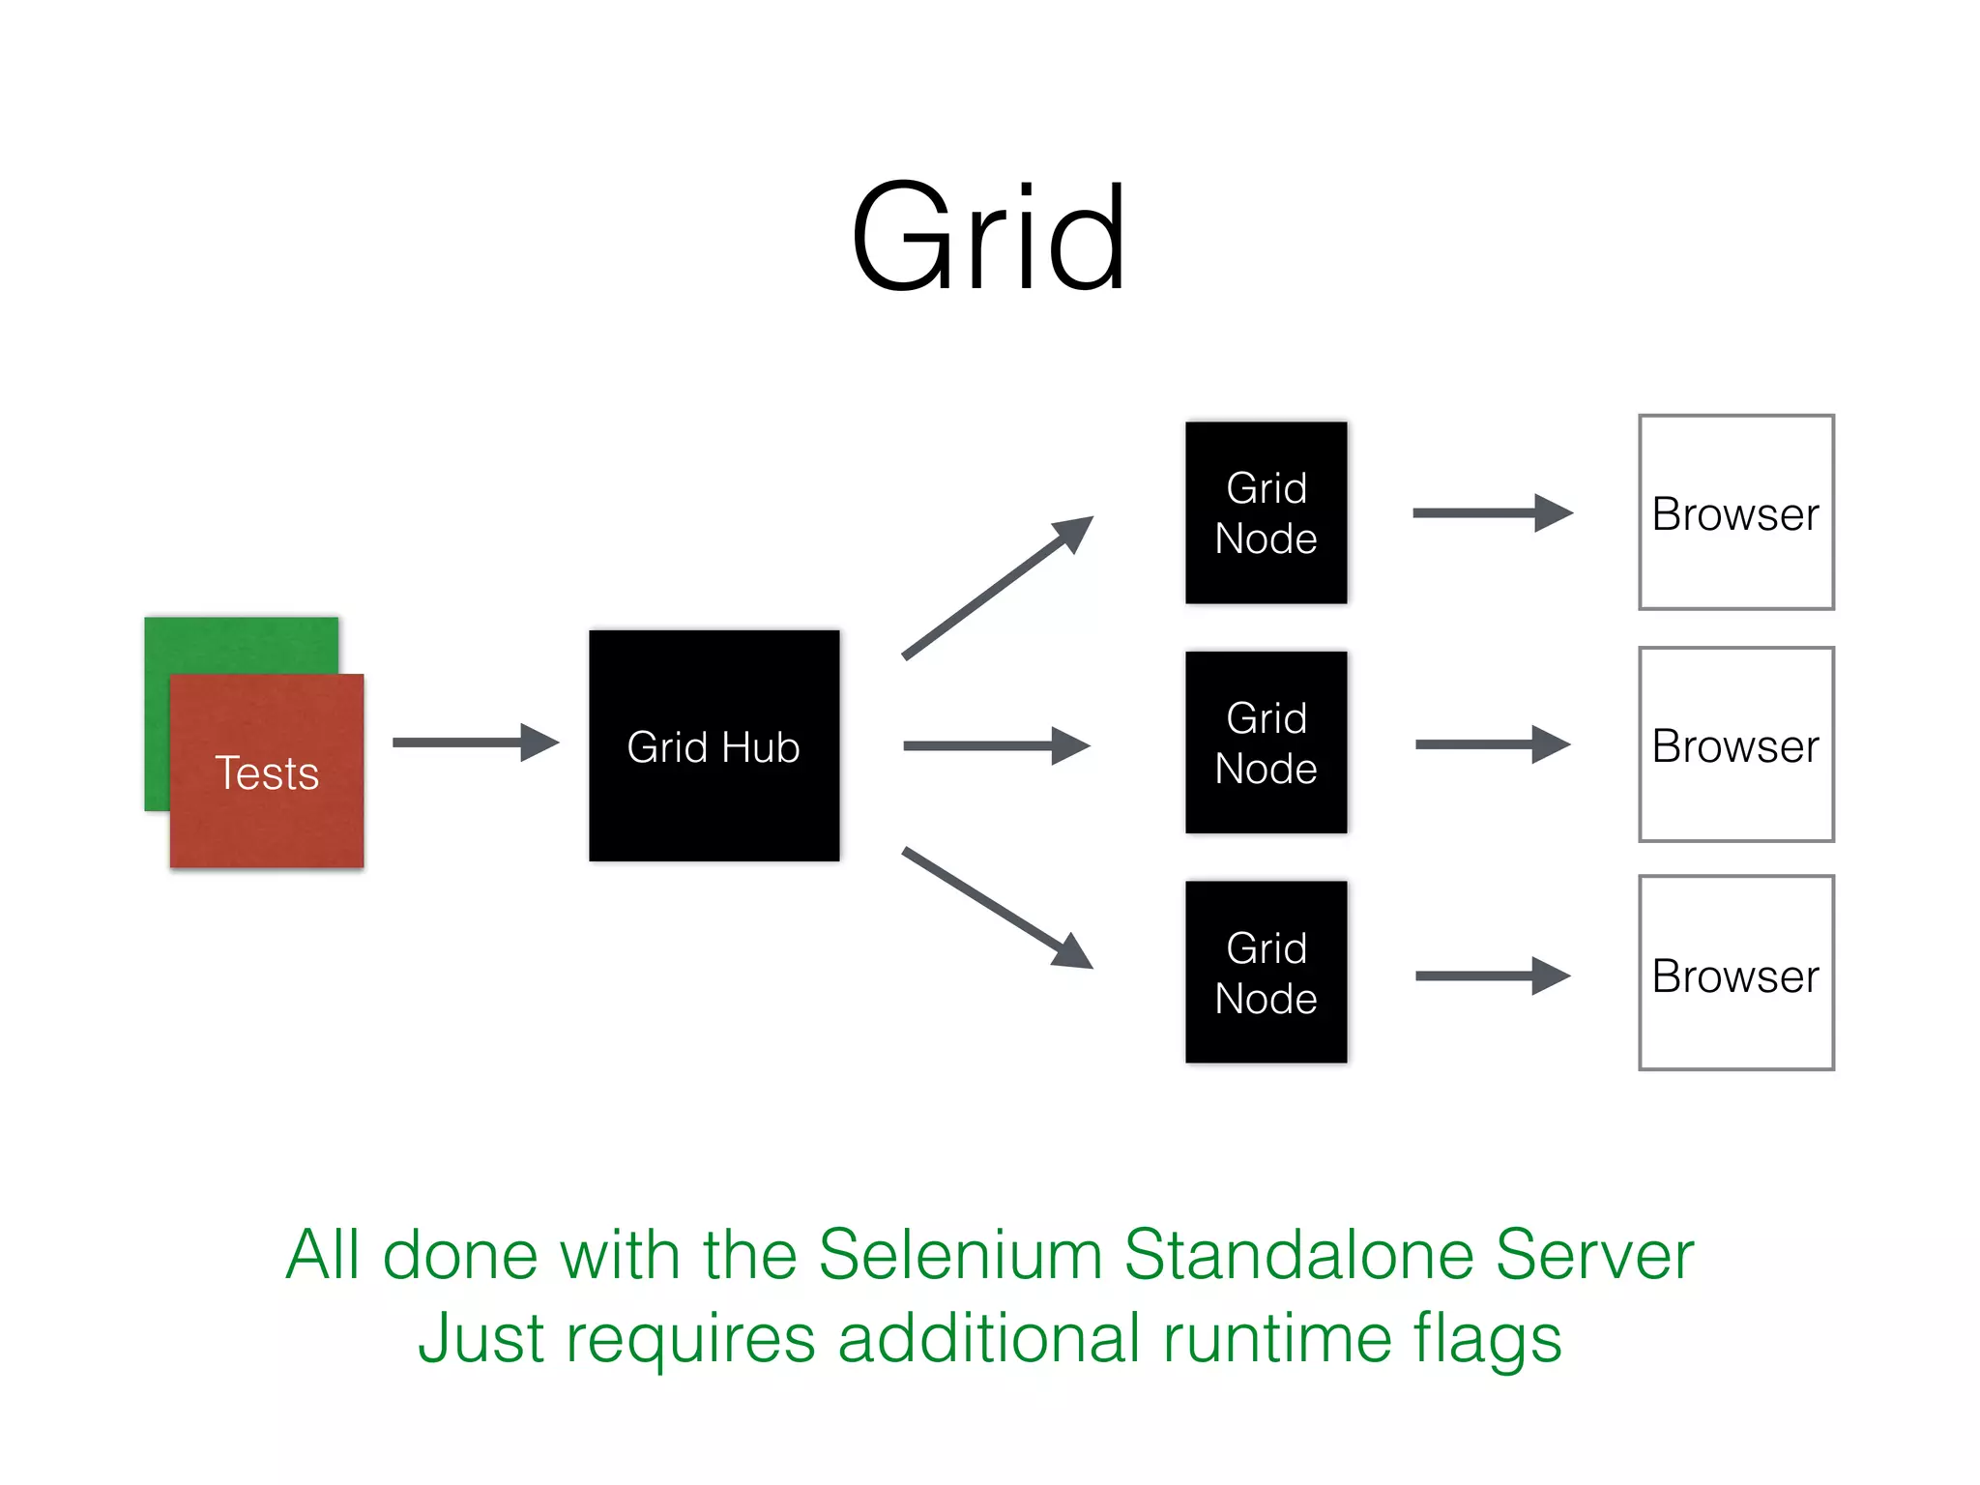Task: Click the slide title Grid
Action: pyautogui.click(x=988, y=239)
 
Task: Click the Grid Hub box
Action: pyautogui.click(x=713, y=746)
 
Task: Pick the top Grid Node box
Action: pyautogui.click(x=1266, y=513)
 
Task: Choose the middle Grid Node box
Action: pyautogui.click(x=1266, y=742)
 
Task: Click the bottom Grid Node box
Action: pyautogui.click(x=1266, y=972)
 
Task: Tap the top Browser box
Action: pyautogui.click(x=1735, y=513)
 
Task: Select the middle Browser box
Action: pyautogui.click(x=1735, y=744)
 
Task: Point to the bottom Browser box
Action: pyautogui.click(x=1735, y=974)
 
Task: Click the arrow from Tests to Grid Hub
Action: pyautogui.click(x=475, y=742)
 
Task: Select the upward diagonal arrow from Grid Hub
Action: pyautogui.click(x=996, y=589)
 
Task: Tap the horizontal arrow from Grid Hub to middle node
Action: pyautogui.click(x=996, y=746)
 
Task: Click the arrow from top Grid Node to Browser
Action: pyautogui.click(x=1492, y=513)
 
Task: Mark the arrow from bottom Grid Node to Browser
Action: pyautogui.click(x=1492, y=976)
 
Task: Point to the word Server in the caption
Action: pyautogui.click(x=1594, y=1255)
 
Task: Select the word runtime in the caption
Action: pyautogui.click(x=1276, y=1340)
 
